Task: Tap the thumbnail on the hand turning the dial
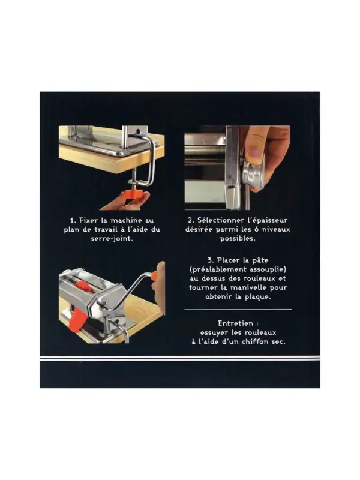[255, 152]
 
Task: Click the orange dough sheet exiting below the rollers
[76, 320]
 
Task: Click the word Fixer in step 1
[88, 220]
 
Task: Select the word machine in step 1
[126, 220]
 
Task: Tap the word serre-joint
[112, 238]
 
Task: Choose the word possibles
[238, 238]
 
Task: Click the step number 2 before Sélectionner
[191, 220]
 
